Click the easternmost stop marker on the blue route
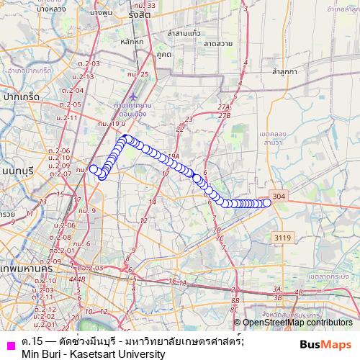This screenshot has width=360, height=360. [267, 202]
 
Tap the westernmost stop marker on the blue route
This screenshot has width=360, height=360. [92, 168]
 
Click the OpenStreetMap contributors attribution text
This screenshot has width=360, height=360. [297, 323]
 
